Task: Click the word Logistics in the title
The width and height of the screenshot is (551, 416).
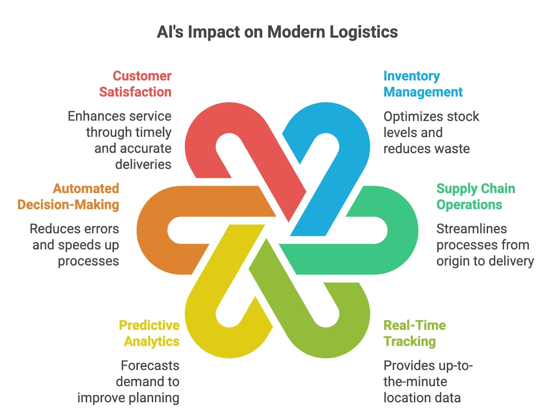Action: coord(363,32)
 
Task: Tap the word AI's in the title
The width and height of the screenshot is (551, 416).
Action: coord(170,32)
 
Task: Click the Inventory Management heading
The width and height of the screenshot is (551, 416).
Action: coord(423,84)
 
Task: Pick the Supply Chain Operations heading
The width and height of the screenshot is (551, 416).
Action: coord(476,196)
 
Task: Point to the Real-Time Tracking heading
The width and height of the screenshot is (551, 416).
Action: coord(414,333)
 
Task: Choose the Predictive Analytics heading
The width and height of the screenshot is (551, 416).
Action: coord(149,333)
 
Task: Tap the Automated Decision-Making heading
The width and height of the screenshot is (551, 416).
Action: coord(69,196)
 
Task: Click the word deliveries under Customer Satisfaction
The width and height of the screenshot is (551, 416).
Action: coord(143,165)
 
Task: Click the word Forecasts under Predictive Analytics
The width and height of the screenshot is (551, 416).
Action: coord(150,365)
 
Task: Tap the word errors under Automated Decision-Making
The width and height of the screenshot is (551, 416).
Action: coord(103,229)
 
